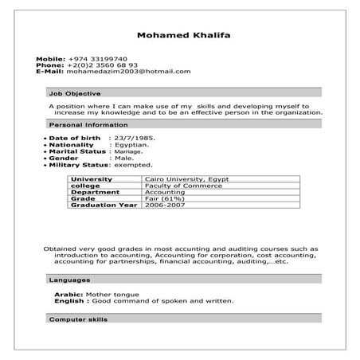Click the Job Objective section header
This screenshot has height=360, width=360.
point(75,93)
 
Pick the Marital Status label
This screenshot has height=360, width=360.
point(77,151)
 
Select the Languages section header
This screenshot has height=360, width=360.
point(69,280)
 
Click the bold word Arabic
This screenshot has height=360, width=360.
point(67,295)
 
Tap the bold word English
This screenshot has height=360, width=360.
point(69,302)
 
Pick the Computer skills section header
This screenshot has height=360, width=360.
point(78,319)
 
